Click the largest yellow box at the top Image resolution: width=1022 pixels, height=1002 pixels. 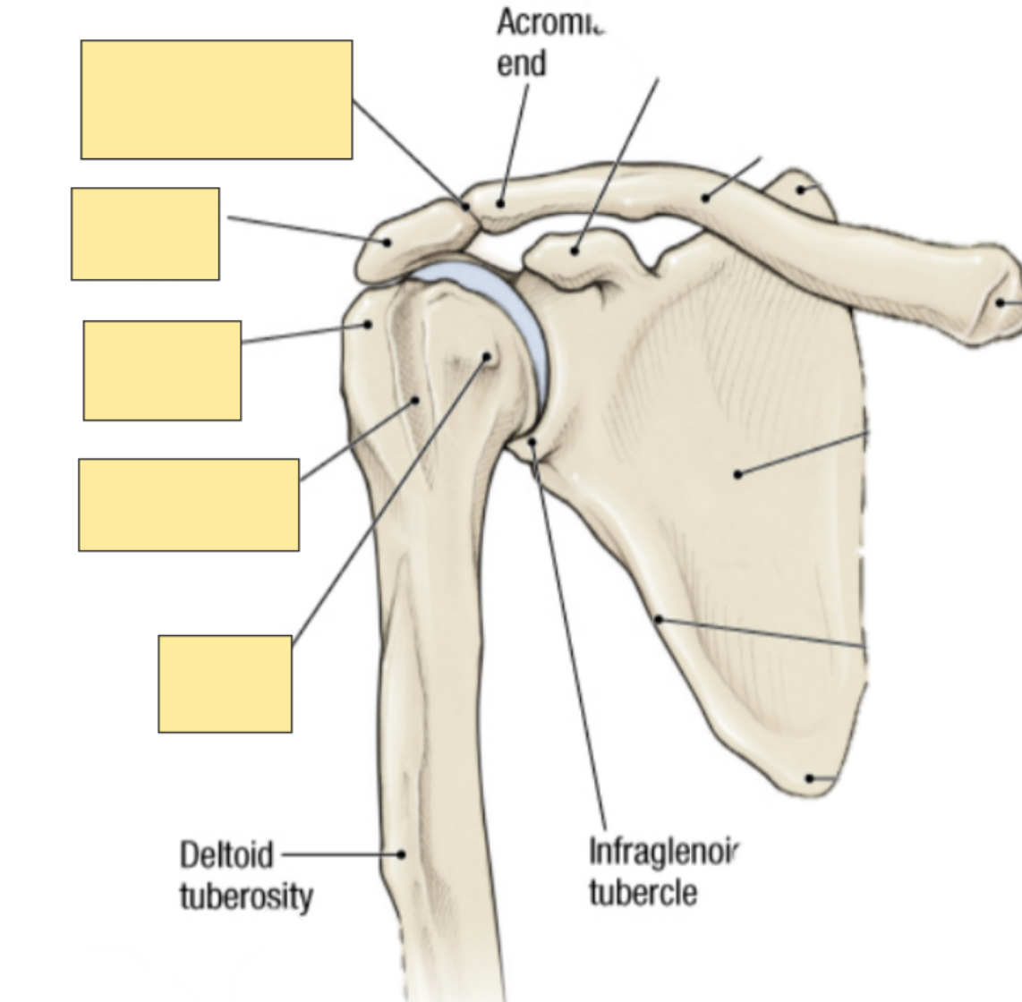click(216, 99)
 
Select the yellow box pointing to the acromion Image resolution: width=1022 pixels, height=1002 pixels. click(145, 234)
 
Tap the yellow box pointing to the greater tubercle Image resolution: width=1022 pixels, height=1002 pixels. click(162, 370)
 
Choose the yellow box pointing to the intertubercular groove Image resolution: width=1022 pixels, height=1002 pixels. click(189, 505)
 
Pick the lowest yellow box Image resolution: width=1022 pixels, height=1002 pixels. click(225, 684)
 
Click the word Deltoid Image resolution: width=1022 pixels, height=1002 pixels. click(226, 855)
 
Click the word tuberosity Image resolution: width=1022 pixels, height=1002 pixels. click(246, 896)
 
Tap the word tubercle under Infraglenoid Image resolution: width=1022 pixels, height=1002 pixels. click(643, 892)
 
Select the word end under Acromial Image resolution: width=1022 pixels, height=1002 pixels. click(522, 64)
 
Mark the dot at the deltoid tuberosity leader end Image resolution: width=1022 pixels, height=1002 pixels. click(401, 854)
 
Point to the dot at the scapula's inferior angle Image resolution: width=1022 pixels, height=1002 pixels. click(810, 778)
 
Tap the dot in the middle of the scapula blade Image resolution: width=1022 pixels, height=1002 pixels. click(737, 473)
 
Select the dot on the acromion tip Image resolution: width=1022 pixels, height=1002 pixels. click(388, 241)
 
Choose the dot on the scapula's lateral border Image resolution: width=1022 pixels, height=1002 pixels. click(658, 618)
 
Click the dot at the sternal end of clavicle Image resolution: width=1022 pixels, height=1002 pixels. click(1001, 302)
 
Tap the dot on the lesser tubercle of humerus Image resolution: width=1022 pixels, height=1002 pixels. click(487, 356)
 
